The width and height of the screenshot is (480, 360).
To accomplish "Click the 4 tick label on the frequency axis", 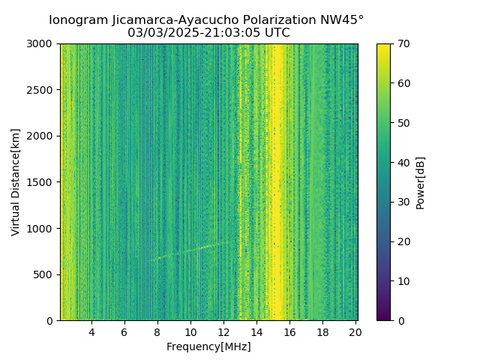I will [x=91, y=332].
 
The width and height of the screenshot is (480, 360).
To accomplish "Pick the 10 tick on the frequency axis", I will [x=190, y=332].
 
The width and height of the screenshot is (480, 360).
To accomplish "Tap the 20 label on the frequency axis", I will [x=355, y=332].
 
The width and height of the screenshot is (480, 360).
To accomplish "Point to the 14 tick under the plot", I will [x=256, y=332].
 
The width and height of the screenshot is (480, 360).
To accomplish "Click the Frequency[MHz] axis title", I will [x=208, y=346].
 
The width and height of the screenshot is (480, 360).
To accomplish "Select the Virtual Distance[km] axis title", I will [x=16, y=182].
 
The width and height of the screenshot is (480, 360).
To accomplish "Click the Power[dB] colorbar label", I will [x=421, y=182].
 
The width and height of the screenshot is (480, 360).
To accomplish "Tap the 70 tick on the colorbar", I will [x=403, y=43].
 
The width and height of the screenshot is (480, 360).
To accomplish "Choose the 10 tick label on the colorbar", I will [x=403, y=281].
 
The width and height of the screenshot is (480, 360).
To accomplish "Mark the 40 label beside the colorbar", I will [x=403, y=162].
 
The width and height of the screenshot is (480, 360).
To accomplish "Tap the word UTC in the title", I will [x=276, y=33].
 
